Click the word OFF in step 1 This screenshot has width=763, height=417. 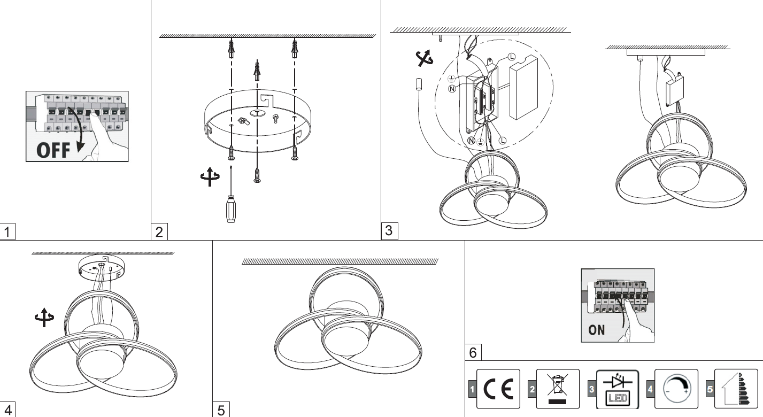pyautogui.click(x=53, y=150)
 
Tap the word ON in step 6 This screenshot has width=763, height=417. pyautogui.click(x=596, y=330)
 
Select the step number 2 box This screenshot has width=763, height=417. pyautogui.click(x=159, y=231)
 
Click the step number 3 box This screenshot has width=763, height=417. pyautogui.click(x=389, y=231)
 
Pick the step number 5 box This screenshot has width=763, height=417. pyautogui.click(x=221, y=410)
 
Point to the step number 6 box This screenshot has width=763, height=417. pyautogui.click(x=473, y=352)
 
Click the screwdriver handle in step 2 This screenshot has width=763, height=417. pyautogui.click(x=230, y=210)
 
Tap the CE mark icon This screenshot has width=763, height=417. pyautogui.click(x=498, y=389)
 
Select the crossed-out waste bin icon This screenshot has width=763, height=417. pyautogui.click(x=558, y=389)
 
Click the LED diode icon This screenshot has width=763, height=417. pyautogui.click(x=618, y=389)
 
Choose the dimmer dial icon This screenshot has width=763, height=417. pyautogui.click(x=676, y=389)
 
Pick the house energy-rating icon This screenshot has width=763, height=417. pyautogui.click(x=736, y=389)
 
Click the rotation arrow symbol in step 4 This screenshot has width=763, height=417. pyautogui.click(x=44, y=318)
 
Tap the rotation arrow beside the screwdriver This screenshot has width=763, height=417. pyautogui.click(x=210, y=177)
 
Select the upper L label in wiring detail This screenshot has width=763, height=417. pyautogui.click(x=512, y=57)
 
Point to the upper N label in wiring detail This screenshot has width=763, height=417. pyautogui.click(x=452, y=89)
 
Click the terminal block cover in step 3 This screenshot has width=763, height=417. pyautogui.click(x=523, y=88)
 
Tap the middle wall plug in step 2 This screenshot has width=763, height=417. pyautogui.click(x=257, y=71)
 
